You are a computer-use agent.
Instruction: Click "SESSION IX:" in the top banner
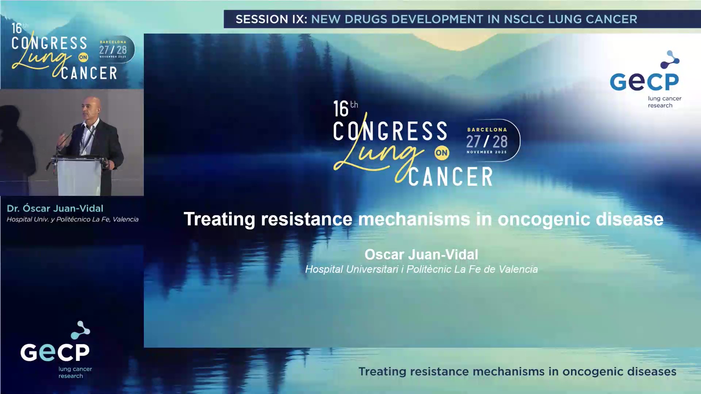pyautogui.click(x=271, y=19)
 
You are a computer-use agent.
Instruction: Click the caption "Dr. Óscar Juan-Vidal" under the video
pyautogui.click(x=55, y=208)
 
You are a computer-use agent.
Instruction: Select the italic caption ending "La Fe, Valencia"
pyautogui.click(x=72, y=219)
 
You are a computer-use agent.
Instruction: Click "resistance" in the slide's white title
pyautogui.click(x=306, y=219)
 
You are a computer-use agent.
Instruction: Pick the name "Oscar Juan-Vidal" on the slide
pyautogui.click(x=421, y=254)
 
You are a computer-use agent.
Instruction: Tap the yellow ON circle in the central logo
pyautogui.click(x=441, y=153)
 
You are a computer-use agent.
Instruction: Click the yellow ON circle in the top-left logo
pyautogui.click(x=83, y=57)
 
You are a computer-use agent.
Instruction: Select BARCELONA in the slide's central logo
pyautogui.click(x=487, y=130)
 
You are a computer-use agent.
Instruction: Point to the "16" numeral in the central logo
pyautogui.click(x=341, y=109)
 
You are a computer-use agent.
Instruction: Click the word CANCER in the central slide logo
pyautogui.click(x=451, y=177)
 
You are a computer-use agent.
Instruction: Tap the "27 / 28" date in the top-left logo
pyautogui.click(x=113, y=50)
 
